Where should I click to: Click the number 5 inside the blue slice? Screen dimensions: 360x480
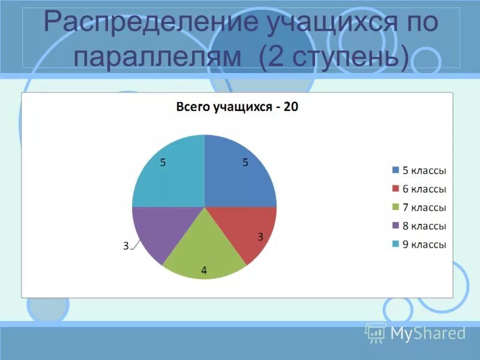coord(245,162)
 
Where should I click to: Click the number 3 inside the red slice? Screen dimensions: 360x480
coord(260,237)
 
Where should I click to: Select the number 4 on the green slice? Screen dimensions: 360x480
coord(204,271)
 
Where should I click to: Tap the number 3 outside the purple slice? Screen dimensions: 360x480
coord(126,245)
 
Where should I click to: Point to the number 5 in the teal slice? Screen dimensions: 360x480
coord(163,162)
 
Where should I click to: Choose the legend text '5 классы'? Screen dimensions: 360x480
coord(424,170)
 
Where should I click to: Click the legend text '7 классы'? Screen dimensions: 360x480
coord(424,208)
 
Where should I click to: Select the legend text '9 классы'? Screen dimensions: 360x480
coord(424,244)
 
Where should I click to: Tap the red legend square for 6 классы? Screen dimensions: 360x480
coord(395,189)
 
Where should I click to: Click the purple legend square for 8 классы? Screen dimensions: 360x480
coord(395,226)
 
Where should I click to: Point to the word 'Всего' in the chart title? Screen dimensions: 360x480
coord(190,107)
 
